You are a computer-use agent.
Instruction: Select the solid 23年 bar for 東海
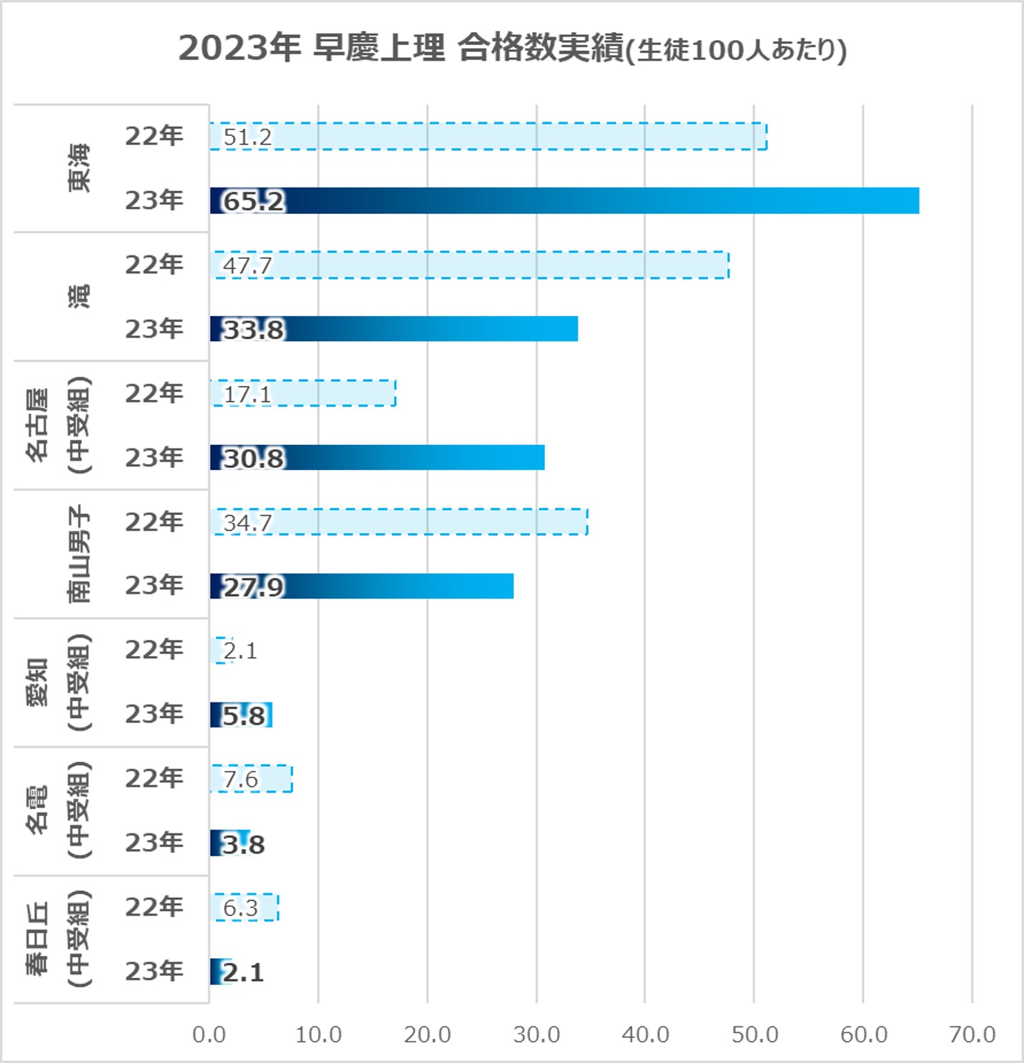pyautogui.click(x=564, y=201)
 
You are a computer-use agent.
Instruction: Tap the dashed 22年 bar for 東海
pyautogui.click(x=488, y=137)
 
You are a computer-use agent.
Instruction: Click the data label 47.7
pyautogui.click(x=247, y=265)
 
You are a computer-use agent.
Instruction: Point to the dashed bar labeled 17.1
pyautogui.click(x=302, y=393)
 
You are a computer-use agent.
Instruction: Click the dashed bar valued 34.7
pyautogui.click(x=399, y=522)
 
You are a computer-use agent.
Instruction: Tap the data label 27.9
pyautogui.click(x=254, y=587)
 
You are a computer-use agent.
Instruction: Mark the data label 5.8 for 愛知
pyautogui.click(x=244, y=715)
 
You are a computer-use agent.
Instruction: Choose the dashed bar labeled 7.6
pyautogui.click(x=251, y=779)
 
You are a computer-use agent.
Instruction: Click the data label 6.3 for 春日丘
pyautogui.click(x=240, y=908)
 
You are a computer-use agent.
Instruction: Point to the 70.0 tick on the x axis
pyautogui.click(x=972, y=1034)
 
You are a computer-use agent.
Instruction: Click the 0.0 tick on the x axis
pyautogui.click(x=209, y=1034)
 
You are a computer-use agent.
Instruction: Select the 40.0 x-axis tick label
pyautogui.click(x=645, y=1034)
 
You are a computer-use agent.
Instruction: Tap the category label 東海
pyautogui.click(x=79, y=168)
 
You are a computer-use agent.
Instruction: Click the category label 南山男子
pyautogui.click(x=79, y=554)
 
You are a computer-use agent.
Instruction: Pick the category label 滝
pyautogui.click(x=79, y=296)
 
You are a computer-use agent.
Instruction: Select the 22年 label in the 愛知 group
pyautogui.click(x=154, y=650)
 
